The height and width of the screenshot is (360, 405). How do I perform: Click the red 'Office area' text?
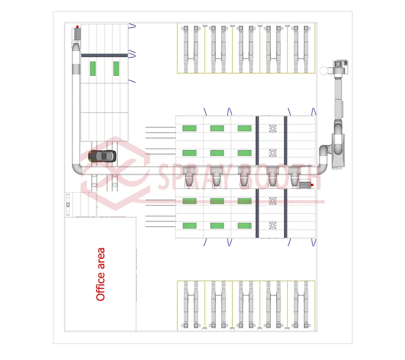click(101, 274)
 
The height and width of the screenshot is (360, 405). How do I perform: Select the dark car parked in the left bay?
click(103, 156)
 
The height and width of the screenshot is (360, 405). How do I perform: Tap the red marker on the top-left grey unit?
click(77, 27)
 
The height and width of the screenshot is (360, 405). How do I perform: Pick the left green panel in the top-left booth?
click(93, 68)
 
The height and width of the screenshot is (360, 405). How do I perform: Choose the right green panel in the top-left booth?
click(116, 68)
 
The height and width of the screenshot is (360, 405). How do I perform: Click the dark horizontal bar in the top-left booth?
click(104, 55)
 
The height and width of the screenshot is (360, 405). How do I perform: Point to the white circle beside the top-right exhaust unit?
click(324, 71)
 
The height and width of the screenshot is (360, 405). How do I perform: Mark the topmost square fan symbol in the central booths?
click(273, 128)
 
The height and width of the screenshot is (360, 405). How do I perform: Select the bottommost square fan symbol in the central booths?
click(273, 225)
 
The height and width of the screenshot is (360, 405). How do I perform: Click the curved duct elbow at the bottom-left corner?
click(77, 170)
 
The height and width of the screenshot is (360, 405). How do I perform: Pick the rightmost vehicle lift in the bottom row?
click(301, 306)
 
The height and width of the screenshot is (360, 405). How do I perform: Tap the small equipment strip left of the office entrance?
click(68, 205)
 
